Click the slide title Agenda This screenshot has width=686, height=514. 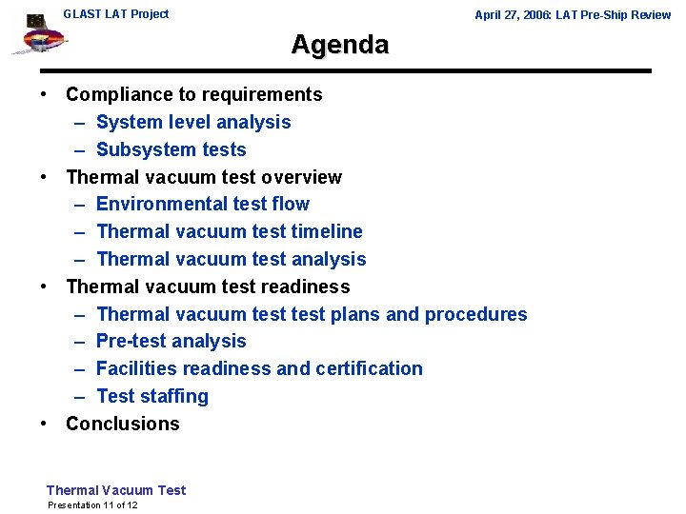click(x=340, y=45)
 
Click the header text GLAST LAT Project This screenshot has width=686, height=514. click(x=115, y=14)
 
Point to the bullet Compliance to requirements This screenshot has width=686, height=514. click(x=193, y=94)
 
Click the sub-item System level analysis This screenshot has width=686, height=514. click(x=193, y=122)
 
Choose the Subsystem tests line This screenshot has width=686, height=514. click(x=171, y=149)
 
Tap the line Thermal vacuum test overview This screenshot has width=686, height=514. click(x=203, y=177)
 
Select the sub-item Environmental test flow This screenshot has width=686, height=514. click(x=203, y=204)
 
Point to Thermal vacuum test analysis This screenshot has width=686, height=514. click(x=231, y=259)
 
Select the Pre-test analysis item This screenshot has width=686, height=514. click(x=171, y=341)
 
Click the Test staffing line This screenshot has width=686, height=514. click(x=151, y=396)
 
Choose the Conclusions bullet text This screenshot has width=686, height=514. click(x=122, y=424)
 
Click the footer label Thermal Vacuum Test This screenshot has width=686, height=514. click(x=116, y=490)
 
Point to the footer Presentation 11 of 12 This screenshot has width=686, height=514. click(x=92, y=504)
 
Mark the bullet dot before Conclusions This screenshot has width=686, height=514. click(x=45, y=424)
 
